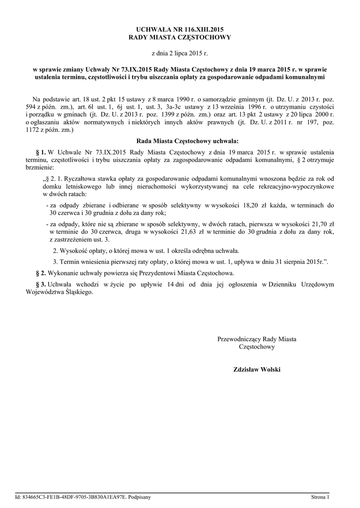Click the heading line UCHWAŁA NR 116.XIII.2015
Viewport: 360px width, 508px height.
point(180,30)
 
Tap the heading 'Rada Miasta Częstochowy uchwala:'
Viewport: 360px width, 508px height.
point(180,140)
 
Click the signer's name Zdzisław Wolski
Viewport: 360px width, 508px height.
point(256,370)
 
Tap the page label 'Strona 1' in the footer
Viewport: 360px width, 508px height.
point(320,496)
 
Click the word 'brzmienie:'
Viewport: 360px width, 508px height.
point(41,168)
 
